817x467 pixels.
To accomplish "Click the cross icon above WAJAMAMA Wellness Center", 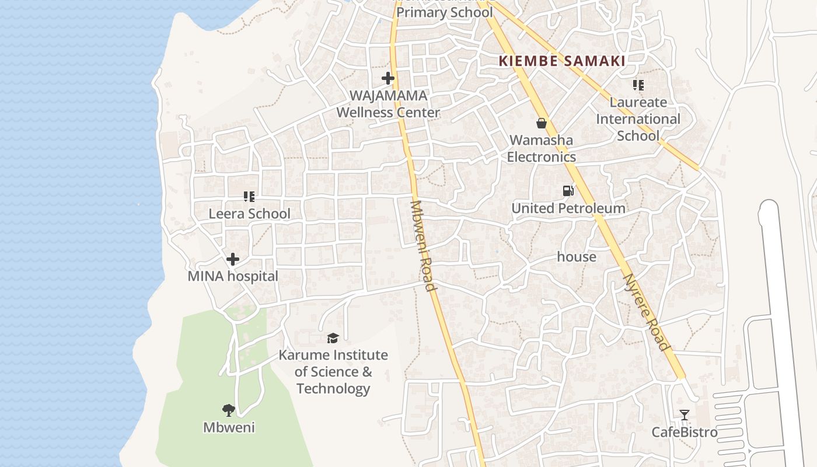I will point(388,78).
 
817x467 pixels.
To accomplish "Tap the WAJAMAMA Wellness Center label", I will point(388,104).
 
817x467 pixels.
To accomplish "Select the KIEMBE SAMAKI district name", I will point(562,61).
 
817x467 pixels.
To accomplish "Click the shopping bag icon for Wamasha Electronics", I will point(542,123).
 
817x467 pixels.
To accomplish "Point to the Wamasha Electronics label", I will point(541,149).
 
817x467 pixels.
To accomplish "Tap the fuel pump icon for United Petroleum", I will point(568,191).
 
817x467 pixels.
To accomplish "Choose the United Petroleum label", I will point(568,208).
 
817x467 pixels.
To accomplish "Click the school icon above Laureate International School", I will point(638,85).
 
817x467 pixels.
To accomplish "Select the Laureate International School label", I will point(638,119).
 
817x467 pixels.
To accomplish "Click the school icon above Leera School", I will point(249,197).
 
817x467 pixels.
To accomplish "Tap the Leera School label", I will point(249,214).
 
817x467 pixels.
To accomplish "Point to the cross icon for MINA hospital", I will point(233,259).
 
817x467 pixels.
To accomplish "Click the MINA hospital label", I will point(233,276).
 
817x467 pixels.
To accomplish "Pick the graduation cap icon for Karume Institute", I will point(333,338).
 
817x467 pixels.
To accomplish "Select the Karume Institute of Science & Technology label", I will point(333,372).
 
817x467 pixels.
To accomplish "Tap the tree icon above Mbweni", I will point(229,410).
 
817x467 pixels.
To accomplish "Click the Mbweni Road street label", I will point(423,246).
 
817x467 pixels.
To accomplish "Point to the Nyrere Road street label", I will point(647,312).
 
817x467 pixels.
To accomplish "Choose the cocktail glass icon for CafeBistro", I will point(685,415).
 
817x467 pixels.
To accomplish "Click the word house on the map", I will point(577,257).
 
